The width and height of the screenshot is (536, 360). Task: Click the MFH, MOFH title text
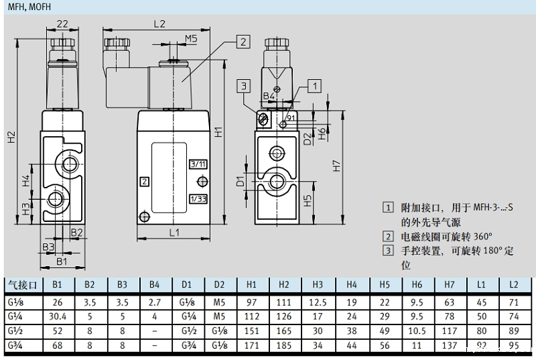(x=29, y=7)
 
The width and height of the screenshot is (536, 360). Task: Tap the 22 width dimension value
(x=62, y=23)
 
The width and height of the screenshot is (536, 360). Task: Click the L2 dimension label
(x=159, y=23)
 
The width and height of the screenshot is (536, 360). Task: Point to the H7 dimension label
(x=337, y=165)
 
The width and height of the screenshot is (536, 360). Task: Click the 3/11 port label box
(x=198, y=164)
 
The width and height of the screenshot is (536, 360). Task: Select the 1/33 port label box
(x=198, y=198)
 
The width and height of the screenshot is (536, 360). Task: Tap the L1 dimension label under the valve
(x=174, y=233)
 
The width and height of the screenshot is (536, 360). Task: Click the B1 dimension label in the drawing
(x=62, y=261)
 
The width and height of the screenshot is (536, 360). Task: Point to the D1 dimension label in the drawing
(x=240, y=180)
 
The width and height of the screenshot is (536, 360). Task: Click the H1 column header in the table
(x=253, y=285)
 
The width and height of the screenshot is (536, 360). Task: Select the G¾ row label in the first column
(x=15, y=346)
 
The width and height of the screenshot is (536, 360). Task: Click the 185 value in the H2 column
(x=285, y=346)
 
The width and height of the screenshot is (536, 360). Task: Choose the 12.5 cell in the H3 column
(x=318, y=302)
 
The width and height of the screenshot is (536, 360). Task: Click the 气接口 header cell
(x=23, y=285)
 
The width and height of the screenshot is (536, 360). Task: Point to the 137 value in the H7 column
(x=449, y=346)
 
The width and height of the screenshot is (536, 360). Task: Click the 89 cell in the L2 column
(x=514, y=331)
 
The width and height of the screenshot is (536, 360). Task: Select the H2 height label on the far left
(x=11, y=137)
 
